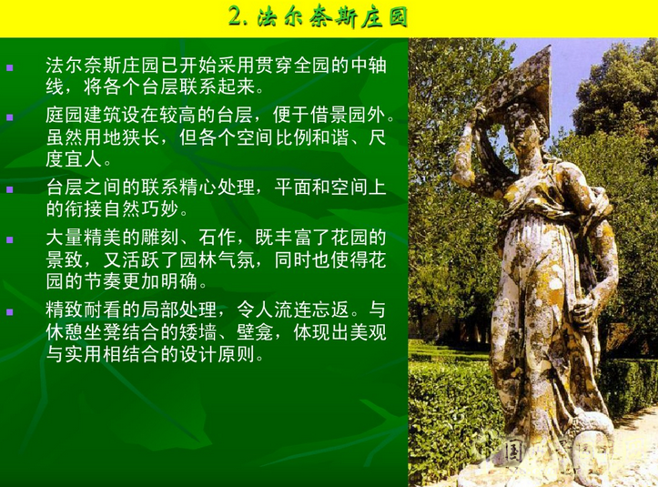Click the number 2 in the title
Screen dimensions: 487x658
(236, 17)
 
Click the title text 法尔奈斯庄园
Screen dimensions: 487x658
(332, 17)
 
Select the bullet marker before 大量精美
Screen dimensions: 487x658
(11, 239)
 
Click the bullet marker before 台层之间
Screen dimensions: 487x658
(11, 189)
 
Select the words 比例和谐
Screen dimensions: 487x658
(291, 138)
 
